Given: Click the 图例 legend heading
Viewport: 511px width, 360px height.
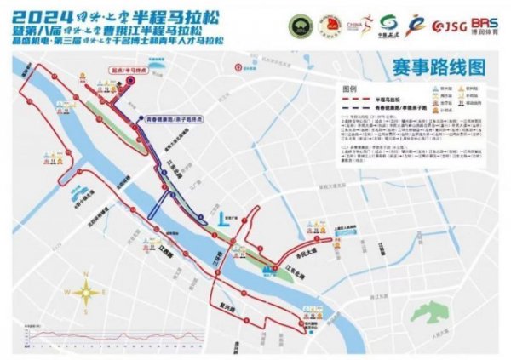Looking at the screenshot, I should (x=347, y=89).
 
